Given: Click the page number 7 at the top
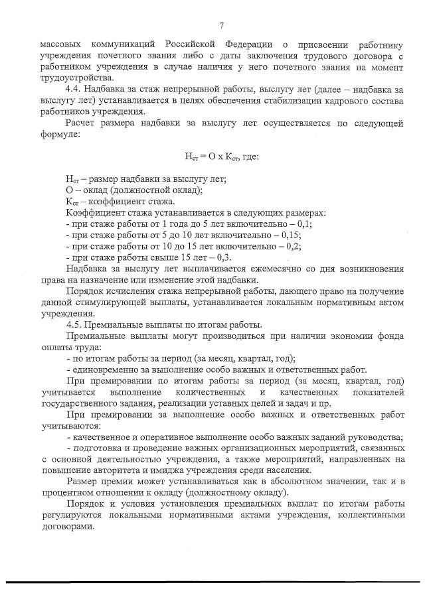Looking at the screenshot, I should pos(222,26).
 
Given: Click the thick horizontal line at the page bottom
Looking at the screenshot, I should pos(212,583).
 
